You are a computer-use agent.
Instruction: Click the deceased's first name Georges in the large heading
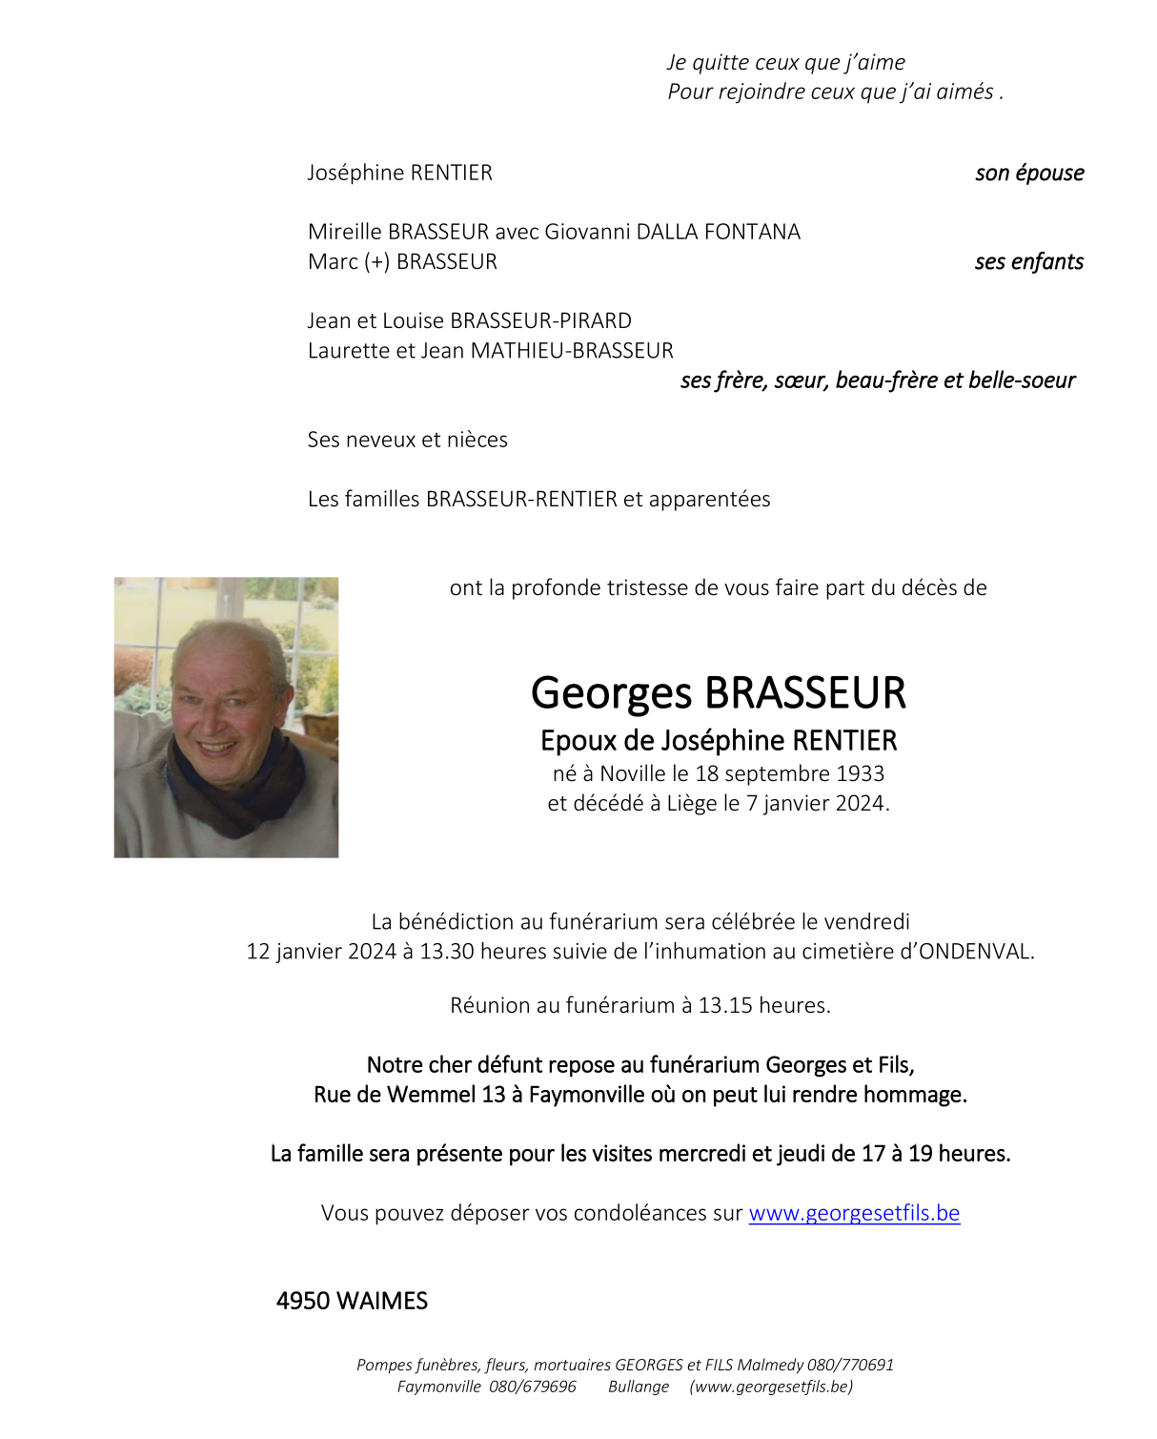pos(611,693)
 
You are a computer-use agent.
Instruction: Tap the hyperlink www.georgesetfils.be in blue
pos(854,1213)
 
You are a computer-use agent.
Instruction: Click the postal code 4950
pos(303,1301)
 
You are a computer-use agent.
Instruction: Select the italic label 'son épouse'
pos(1029,173)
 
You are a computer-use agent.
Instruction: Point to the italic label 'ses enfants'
pos(1028,261)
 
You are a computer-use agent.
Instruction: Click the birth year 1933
pos(860,773)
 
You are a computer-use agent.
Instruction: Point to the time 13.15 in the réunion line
pos(726,1005)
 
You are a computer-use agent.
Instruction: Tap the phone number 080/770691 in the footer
pos(850,1365)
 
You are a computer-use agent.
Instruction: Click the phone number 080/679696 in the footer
pos(532,1387)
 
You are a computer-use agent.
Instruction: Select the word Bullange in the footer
pos(639,1387)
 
